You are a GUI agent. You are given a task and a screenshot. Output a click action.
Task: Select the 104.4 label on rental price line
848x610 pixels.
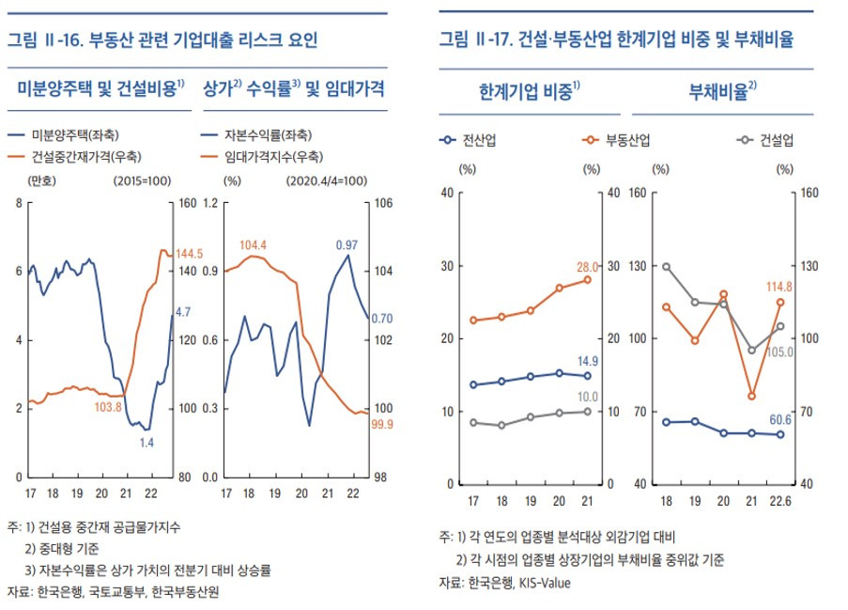point(254,245)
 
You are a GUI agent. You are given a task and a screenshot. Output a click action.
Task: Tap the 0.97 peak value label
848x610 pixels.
point(347,244)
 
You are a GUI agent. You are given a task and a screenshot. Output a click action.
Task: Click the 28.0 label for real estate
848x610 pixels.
point(589,266)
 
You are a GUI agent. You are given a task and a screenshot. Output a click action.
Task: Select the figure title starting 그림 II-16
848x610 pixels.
point(162,40)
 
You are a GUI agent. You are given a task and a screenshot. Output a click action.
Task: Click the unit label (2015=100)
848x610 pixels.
point(140,180)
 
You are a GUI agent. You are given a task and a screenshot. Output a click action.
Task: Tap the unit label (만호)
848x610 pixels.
point(42,180)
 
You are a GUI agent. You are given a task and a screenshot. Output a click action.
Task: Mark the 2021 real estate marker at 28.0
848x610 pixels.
point(588,279)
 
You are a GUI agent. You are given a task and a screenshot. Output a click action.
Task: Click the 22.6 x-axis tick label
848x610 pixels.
point(779,498)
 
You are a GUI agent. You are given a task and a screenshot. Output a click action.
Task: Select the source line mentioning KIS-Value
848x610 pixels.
point(504,583)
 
